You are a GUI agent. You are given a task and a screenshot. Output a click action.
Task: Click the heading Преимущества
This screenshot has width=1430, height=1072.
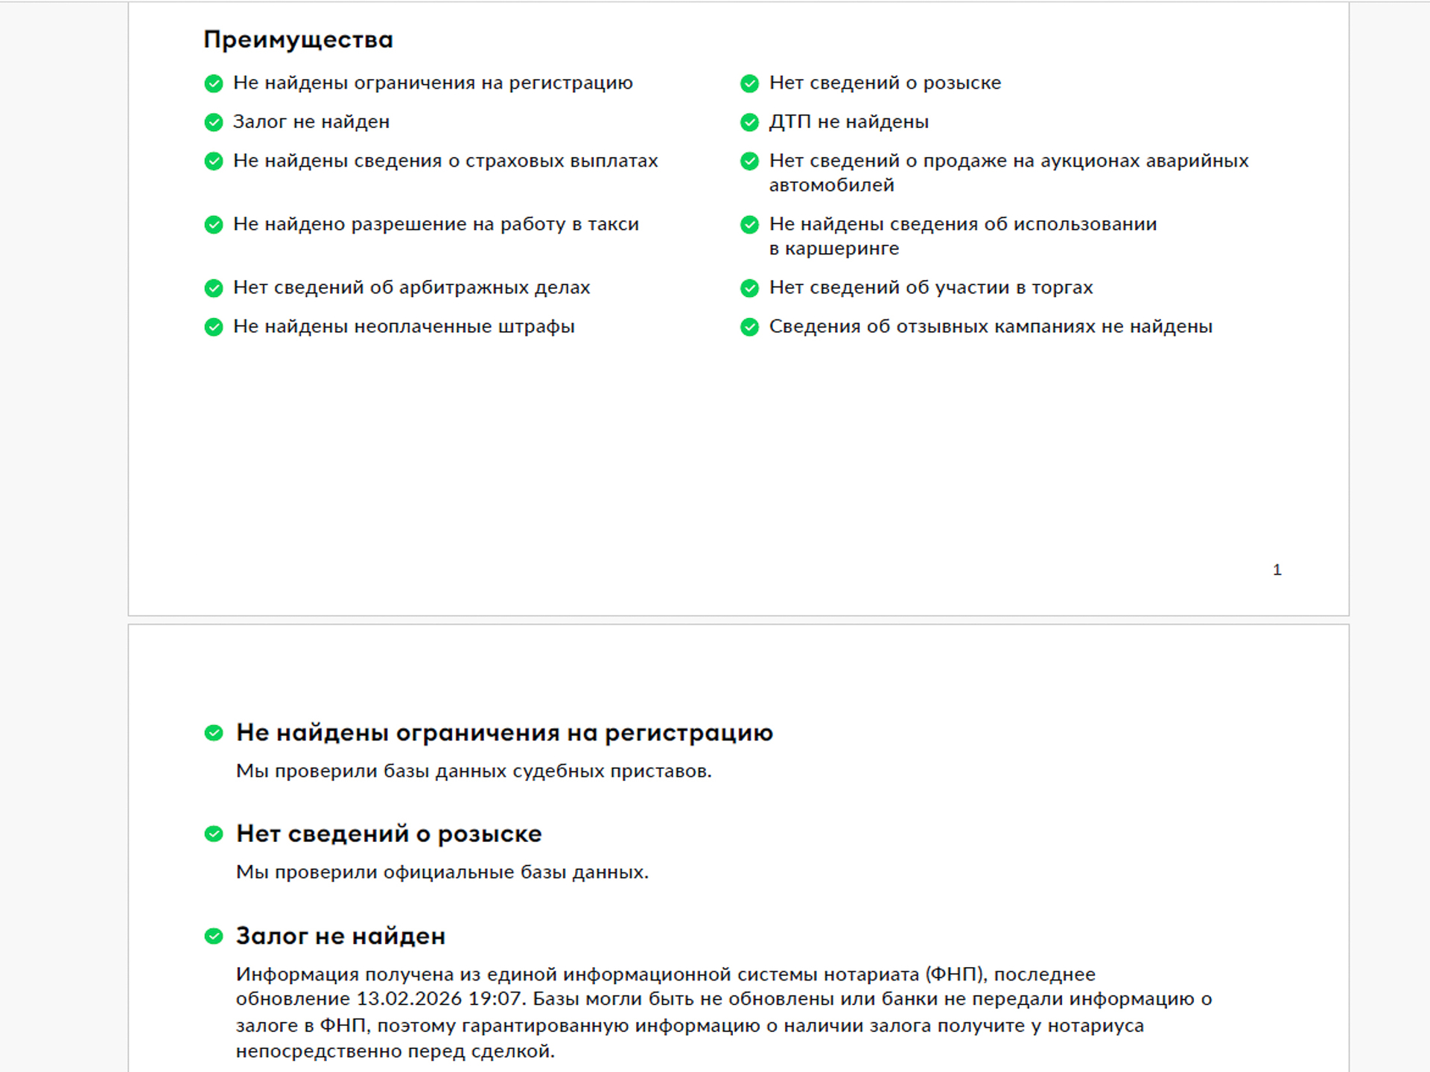[x=298, y=39]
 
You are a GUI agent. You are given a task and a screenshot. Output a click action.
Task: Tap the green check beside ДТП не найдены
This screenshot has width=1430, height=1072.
[x=749, y=122]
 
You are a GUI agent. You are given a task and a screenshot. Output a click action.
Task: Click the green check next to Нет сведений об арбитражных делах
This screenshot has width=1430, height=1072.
[x=214, y=288]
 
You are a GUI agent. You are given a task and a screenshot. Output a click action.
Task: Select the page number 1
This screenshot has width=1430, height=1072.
[x=1277, y=569]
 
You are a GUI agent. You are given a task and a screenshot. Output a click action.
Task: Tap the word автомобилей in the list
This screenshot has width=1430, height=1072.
[x=831, y=185]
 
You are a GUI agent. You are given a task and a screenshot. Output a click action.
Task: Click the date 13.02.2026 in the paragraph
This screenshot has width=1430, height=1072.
[x=409, y=999]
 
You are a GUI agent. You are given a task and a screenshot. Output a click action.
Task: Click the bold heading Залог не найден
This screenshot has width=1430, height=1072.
[x=340, y=936]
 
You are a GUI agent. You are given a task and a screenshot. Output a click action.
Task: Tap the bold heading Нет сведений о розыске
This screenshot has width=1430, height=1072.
[x=388, y=834]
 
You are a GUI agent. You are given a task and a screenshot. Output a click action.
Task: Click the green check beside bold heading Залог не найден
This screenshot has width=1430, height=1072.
[x=214, y=937]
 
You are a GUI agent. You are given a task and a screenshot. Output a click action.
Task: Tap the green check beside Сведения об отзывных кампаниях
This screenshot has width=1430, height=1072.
[x=749, y=327]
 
